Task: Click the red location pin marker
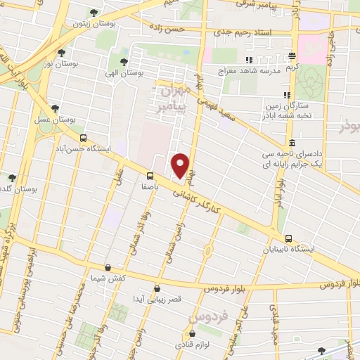tap(181, 165)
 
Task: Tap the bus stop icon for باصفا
tap(150, 176)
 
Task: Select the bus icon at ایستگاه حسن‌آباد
tap(84, 138)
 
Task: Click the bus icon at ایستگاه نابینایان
tap(289, 238)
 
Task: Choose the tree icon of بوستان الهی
tap(124, 62)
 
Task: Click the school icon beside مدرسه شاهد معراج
tap(248, 60)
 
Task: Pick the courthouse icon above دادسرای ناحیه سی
tap(292, 143)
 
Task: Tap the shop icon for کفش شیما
tap(107, 267)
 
